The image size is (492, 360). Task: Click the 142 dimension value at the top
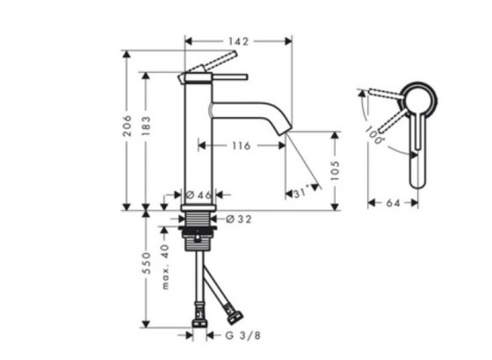(238, 41)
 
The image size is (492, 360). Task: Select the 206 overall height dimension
(127, 126)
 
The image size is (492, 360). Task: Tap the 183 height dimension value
(146, 126)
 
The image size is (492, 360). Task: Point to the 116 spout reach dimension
(242, 146)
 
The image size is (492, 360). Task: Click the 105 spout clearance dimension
(335, 170)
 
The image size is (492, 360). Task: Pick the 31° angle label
(300, 192)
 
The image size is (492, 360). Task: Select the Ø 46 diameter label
(199, 195)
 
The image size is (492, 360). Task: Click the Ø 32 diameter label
(239, 220)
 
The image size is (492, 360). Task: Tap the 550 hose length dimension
(146, 263)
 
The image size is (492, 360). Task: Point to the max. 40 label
(165, 267)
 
